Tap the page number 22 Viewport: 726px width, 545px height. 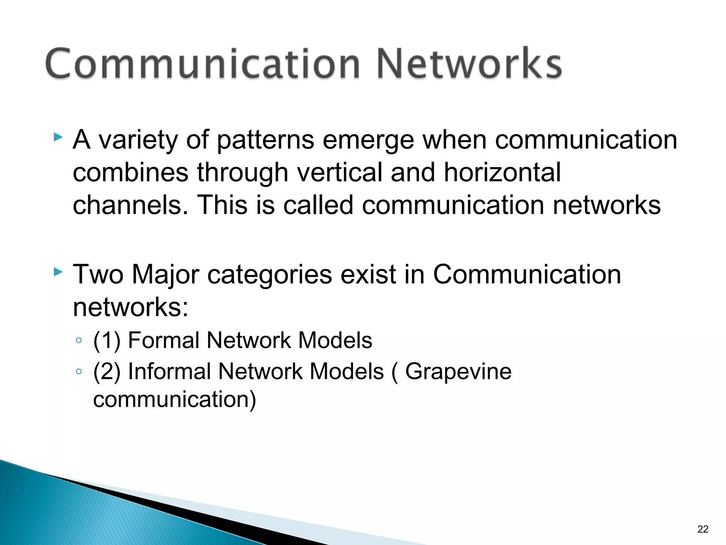pyautogui.click(x=702, y=529)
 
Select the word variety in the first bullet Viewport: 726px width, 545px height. pyautogui.click(x=138, y=140)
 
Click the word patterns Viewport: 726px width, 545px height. pyautogui.click(x=265, y=140)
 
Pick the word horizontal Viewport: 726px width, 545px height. pyautogui.click(x=502, y=172)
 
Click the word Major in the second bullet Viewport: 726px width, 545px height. pyautogui.click(x=165, y=275)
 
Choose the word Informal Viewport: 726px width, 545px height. pyautogui.click(x=169, y=371)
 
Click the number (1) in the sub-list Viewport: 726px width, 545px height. pyautogui.click(x=107, y=341)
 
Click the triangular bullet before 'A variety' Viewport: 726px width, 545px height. pyautogui.click(x=58, y=137)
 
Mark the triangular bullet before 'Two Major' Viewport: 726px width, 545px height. pyautogui.click(x=58, y=272)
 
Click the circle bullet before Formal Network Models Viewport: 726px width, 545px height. pyautogui.click(x=79, y=341)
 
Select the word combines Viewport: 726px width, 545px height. pyautogui.click(x=130, y=172)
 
